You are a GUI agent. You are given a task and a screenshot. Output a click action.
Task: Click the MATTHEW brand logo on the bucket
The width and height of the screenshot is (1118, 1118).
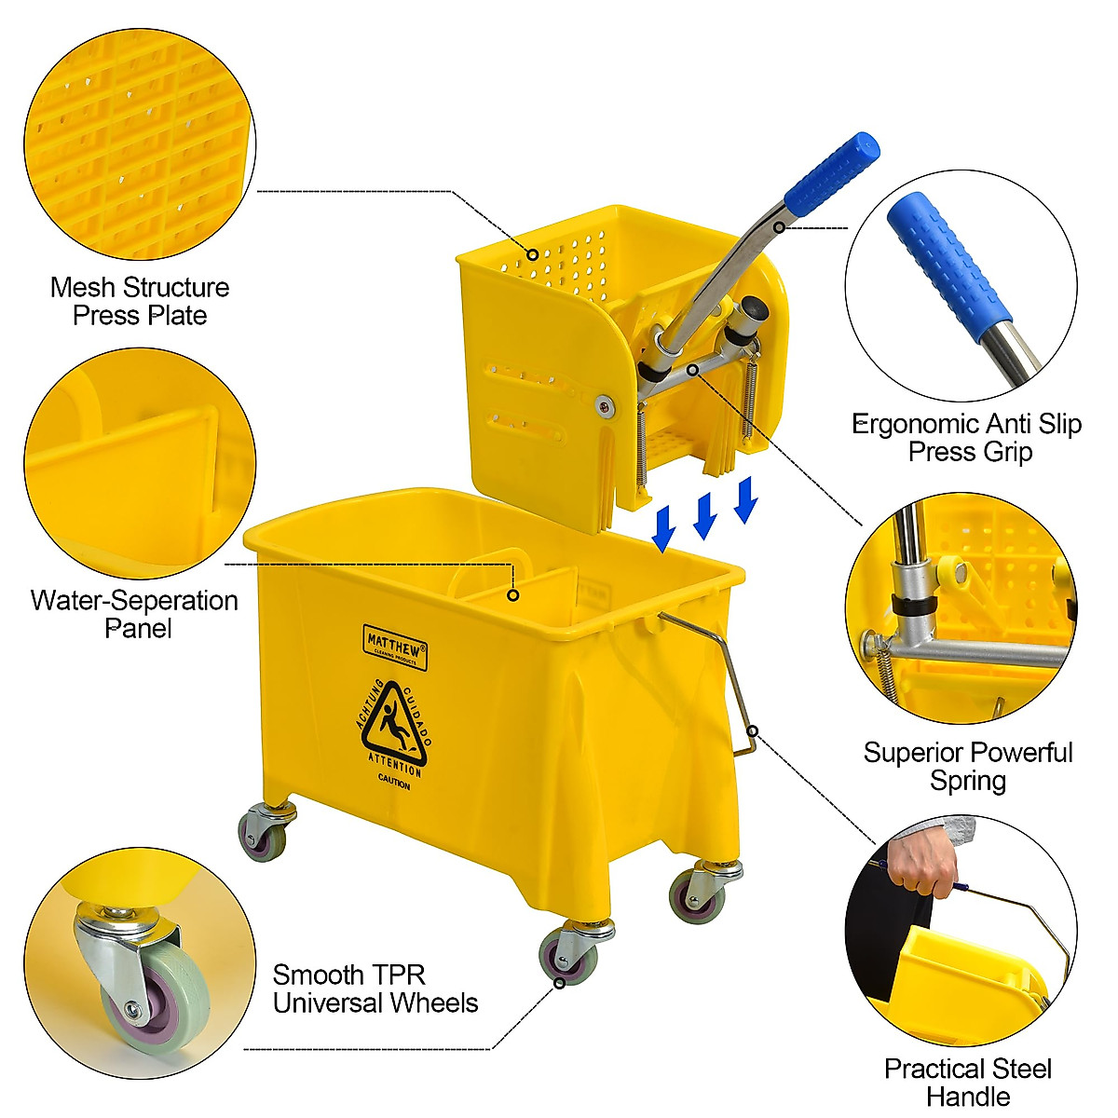pyautogui.click(x=395, y=647)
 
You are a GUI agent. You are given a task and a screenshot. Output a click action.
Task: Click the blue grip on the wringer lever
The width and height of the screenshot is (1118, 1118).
pyautogui.click(x=832, y=173)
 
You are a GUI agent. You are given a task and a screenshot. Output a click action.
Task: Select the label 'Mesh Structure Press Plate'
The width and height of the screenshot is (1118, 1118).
pyautogui.click(x=140, y=301)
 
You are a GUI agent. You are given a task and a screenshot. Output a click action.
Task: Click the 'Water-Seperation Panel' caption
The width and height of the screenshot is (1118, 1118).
pyautogui.click(x=135, y=614)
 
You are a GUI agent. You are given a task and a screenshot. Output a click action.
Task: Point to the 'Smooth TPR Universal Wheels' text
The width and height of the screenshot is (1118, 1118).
pyautogui.click(x=375, y=989)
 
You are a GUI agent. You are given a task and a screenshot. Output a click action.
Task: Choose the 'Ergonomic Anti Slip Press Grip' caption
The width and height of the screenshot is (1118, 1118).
pyautogui.click(x=967, y=438)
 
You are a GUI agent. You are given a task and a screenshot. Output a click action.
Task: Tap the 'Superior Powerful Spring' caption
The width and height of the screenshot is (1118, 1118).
pyautogui.click(x=968, y=766)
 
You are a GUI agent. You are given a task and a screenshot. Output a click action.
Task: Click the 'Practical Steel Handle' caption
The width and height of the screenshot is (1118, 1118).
pyautogui.click(x=968, y=1082)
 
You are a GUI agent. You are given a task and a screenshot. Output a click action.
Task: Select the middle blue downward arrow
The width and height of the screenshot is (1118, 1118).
pyautogui.click(x=705, y=515)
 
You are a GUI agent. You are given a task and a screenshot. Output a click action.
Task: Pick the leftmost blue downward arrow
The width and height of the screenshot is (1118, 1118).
pyautogui.click(x=663, y=528)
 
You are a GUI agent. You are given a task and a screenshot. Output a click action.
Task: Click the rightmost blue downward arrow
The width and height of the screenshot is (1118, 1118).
pyautogui.click(x=745, y=499)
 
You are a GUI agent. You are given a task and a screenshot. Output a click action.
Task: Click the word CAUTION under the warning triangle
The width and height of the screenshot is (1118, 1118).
pyautogui.click(x=394, y=785)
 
